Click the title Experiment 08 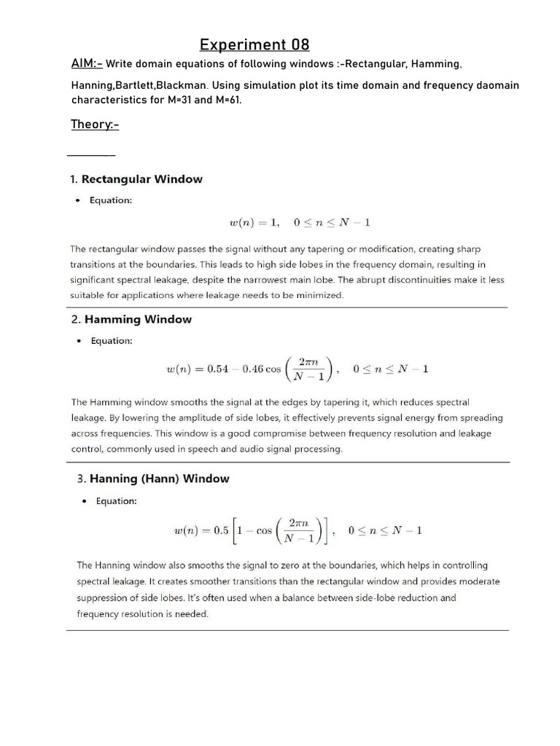pyautogui.click(x=254, y=46)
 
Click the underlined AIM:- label pyautogui.click(x=87, y=64)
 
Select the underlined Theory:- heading pyautogui.click(x=95, y=125)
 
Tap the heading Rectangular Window pyautogui.click(x=141, y=179)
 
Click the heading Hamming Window pyautogui.click(x=138, y=319)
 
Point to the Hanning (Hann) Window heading pyautogui.click(x=159, y=479)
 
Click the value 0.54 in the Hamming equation pyautogui.click(x=219, y=369)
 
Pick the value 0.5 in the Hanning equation pyautogui.click(x=221, y=530)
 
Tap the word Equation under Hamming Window pyautogui.click(x=111, y=340)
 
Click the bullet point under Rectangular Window pyautogui.click(x=77, y=201)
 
